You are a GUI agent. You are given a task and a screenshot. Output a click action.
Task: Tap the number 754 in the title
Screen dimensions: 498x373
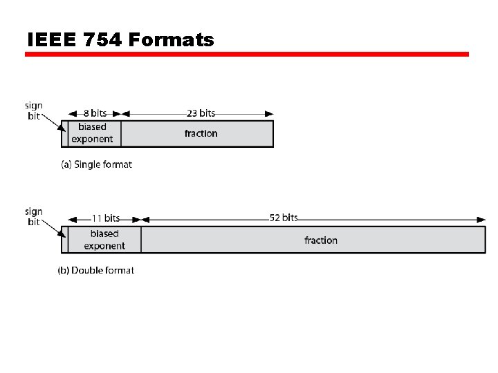pyautogui.click(x=102, y=40)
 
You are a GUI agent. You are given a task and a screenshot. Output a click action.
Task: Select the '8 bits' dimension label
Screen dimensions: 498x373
pyautogui.click(x=95, y=113)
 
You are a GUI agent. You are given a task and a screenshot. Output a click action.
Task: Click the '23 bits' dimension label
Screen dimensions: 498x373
pyautogui.click(x=201, y=113)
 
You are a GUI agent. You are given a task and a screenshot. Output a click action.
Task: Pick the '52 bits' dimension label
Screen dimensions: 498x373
pyautogui.click(x=284, y=218)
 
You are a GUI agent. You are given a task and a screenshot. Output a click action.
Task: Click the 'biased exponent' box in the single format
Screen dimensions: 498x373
pyautogui.click(x=92, y=133)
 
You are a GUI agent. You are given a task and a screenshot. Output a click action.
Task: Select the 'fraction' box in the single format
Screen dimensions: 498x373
pyautogui.click(x=201, y=133)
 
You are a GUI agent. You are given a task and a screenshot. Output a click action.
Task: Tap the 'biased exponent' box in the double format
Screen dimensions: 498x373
pyautogui.click(x=104, y=240)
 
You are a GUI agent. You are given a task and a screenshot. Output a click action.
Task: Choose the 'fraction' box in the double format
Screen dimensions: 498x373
pyautogui.click(x=320, y=240)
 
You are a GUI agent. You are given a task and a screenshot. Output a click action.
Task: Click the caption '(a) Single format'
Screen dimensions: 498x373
pyautogui.click(x=96, y=164)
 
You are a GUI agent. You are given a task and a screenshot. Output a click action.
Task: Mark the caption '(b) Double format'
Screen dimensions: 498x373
pyautogui.click(x=96, y=270)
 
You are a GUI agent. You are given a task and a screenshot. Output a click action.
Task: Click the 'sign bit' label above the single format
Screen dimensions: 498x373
pyautogui.click(x=34, y=111)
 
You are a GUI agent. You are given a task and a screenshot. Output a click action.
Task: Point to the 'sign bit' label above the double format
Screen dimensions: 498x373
pyautogui.click(x=34, y=217)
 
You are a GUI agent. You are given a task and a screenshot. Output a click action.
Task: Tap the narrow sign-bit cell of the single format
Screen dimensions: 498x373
pyautogui.click(x=64, y=133)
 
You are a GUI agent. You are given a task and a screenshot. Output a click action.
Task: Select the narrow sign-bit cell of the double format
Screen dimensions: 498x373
pyautogui.click(x=64, y=240)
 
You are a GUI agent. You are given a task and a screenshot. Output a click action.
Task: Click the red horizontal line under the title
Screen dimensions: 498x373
pyautogui.click(x=247, y=54)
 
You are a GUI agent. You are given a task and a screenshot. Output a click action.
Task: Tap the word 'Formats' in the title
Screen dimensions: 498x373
pyautogui.click(x=172, y=40)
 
